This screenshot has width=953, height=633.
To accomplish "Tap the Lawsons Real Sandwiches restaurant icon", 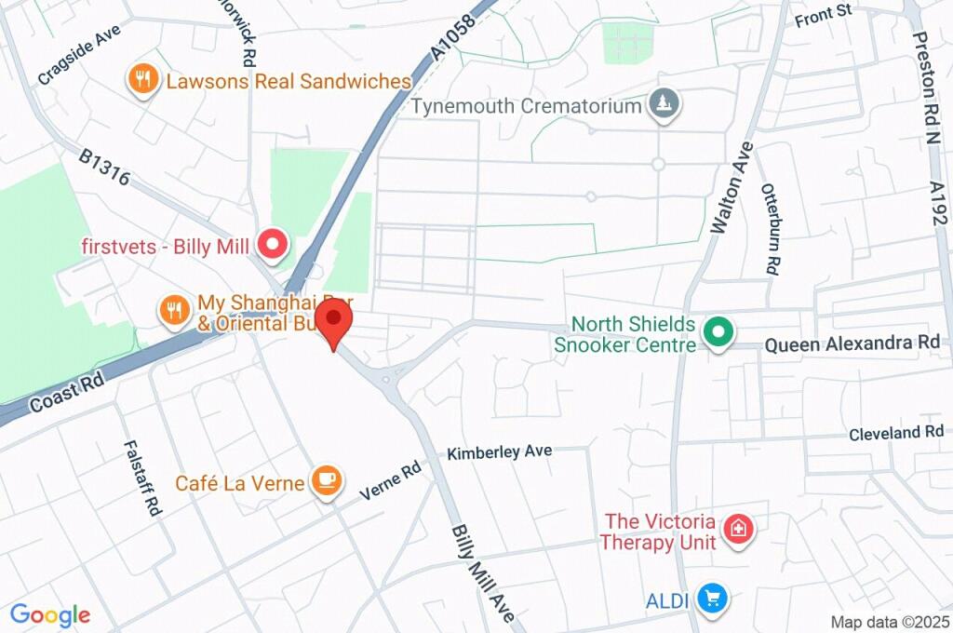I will pos(141,81).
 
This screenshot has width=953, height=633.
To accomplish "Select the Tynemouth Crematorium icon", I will pos(664,105).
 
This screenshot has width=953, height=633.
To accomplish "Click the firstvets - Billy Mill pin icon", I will pos(273,245).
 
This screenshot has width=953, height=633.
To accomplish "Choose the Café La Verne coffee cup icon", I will pos(325,481).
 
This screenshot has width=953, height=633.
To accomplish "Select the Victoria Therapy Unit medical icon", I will pos(739,529).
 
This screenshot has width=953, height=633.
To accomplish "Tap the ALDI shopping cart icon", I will pos(713,598).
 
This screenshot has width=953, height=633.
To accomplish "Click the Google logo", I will pos(50,614).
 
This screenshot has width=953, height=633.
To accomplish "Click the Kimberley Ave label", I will pos(499,451).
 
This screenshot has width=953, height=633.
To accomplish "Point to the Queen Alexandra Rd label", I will pos(852,343).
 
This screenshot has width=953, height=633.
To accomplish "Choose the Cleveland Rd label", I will pos(896,433).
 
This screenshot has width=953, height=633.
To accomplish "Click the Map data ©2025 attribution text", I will pos(889,621).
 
